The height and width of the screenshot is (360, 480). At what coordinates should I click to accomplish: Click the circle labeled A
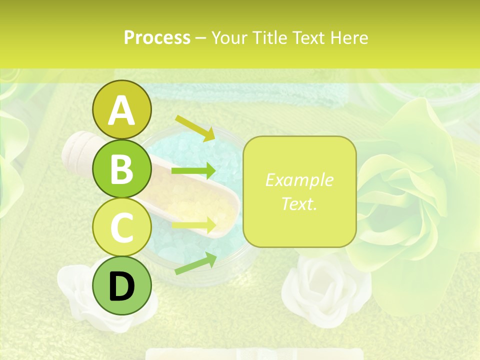(x=121, y=109)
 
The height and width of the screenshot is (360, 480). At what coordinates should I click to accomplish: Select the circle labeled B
(x=121, y=168)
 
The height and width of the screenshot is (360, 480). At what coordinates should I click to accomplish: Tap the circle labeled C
(x=121, y=227)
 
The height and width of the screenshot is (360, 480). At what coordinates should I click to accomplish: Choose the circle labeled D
(x=121, y=286)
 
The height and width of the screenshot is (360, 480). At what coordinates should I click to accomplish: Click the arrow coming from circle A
(x=195, y=128)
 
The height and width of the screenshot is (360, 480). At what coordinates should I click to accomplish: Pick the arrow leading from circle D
(x=195, y=264)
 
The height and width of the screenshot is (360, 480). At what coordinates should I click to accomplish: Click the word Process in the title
(x=157, y=37)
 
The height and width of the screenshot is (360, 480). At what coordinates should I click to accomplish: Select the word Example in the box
(x=299, y=180)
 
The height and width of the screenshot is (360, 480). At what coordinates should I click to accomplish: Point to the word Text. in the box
(x=299, y=203)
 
